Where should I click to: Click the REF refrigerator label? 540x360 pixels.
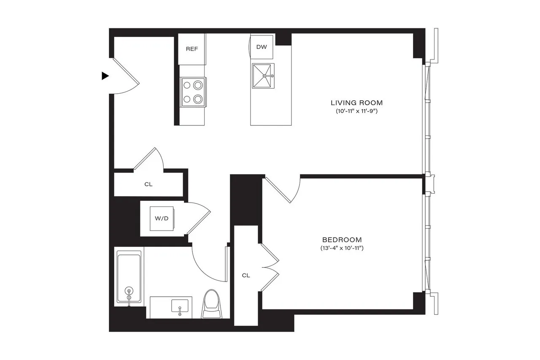point(192,49)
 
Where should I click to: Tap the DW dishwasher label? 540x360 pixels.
point(262,47)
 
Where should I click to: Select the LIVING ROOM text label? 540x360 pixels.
point(356,103)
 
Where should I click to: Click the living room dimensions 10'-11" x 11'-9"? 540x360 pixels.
point(356,112)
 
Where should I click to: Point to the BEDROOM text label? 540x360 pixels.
point(342,239)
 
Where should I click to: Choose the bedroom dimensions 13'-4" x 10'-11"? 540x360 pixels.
point(342,248)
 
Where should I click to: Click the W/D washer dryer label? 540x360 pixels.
point(162,219)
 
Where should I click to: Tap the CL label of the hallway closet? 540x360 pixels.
point(148,184)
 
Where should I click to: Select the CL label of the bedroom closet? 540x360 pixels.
point(246,276)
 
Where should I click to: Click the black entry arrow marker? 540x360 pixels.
point(105,76)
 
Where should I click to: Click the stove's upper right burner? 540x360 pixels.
point(197,85)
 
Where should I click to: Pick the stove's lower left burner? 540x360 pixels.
point(186,100)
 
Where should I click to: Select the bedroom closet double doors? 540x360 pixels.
point(270,267)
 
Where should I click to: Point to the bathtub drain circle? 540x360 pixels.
point(129,291)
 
